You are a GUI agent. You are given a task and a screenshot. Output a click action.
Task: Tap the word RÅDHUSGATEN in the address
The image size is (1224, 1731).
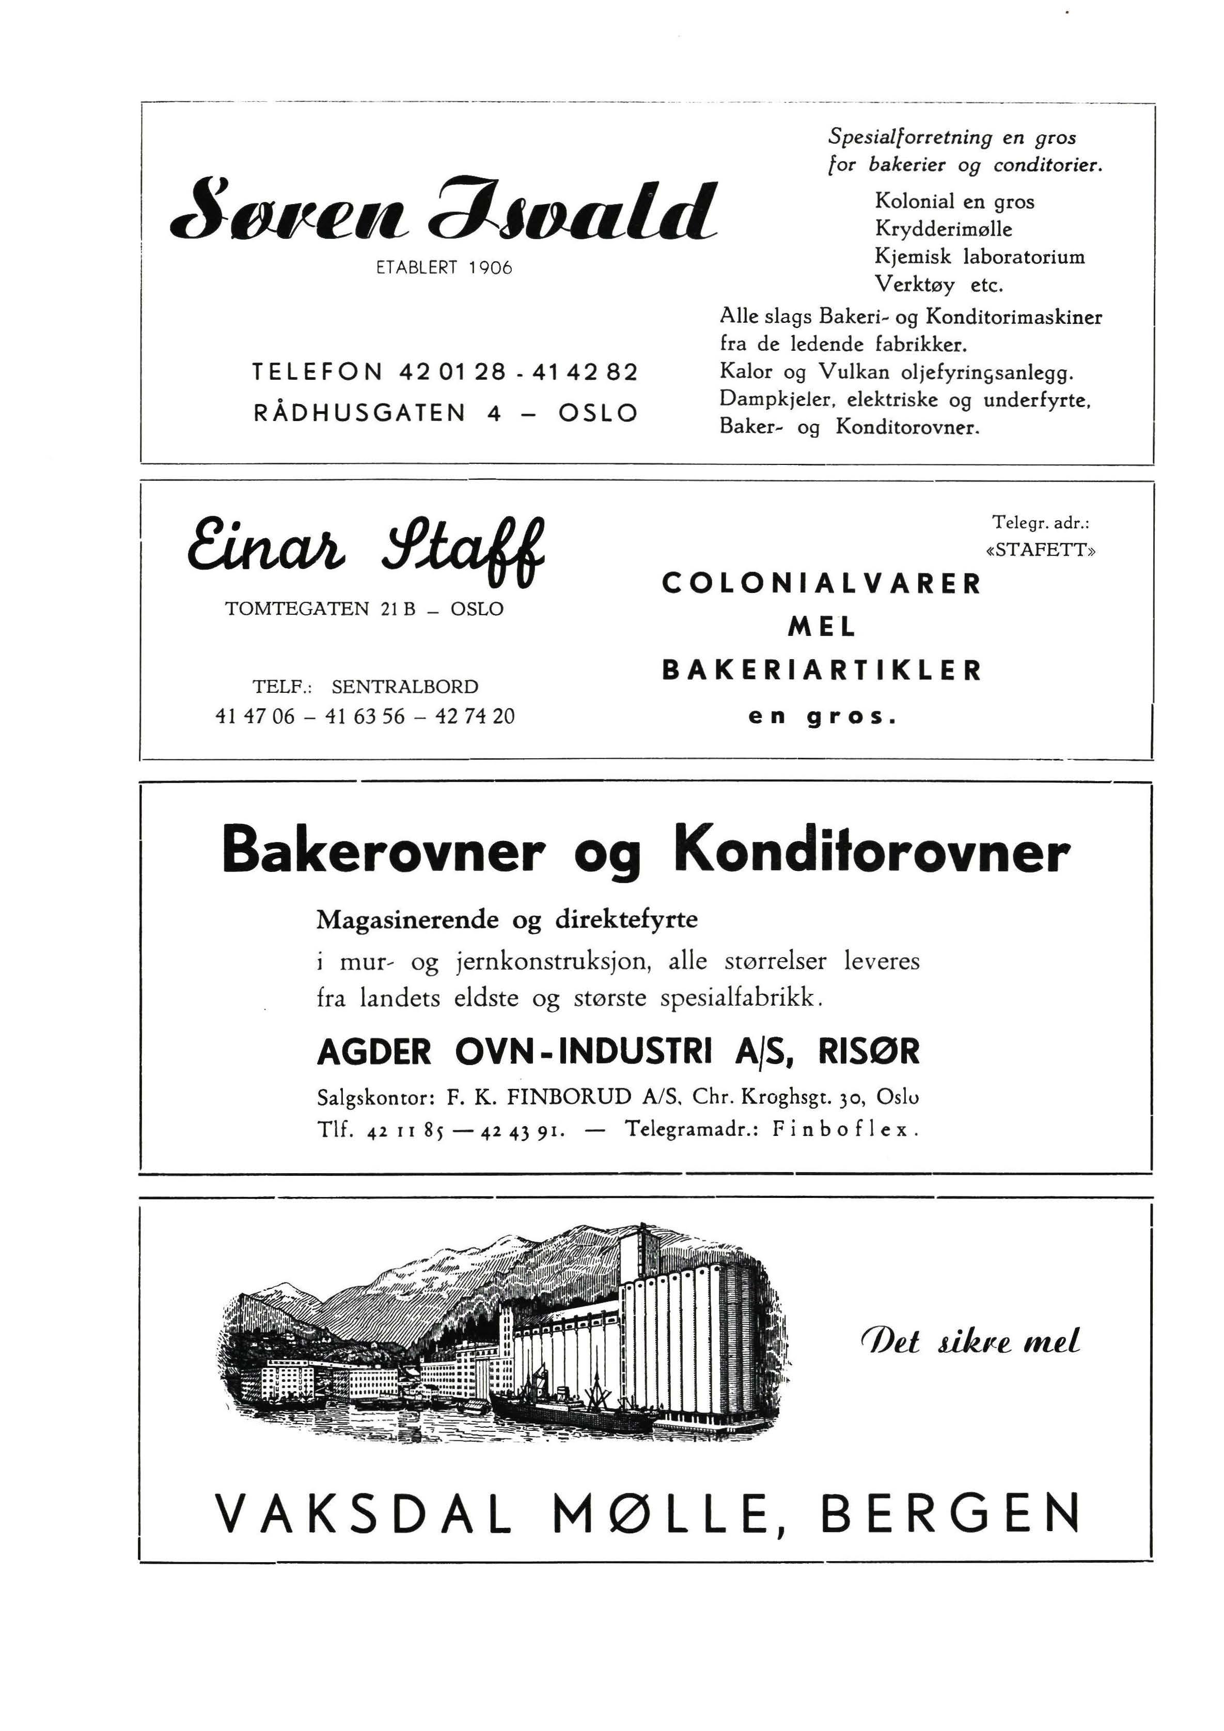pos(359,413)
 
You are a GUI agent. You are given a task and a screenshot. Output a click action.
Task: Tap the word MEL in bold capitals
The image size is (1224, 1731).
pos(822,627)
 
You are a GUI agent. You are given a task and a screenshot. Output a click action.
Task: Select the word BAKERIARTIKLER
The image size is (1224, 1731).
pos(822,669)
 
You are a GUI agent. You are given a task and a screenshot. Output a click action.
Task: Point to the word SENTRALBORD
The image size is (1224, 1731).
pos(405,687)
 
